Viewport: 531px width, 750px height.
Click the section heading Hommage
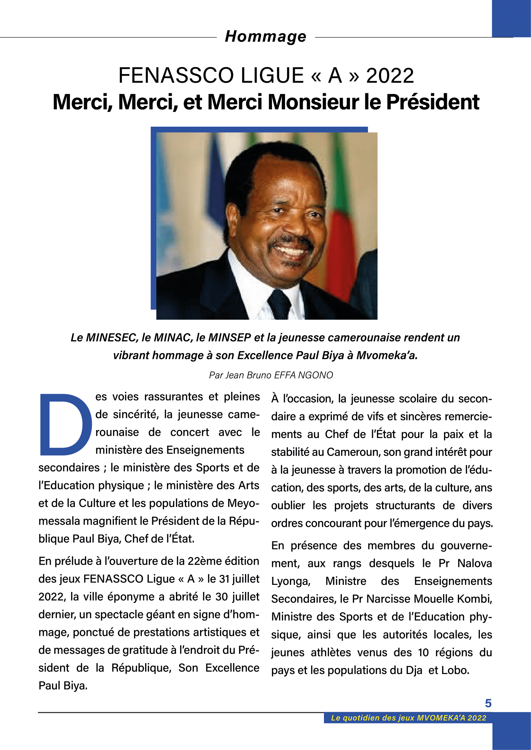pyautogui.click(x=265, y=37)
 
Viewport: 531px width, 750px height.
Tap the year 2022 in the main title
pyautogui.click(x=390, y=76)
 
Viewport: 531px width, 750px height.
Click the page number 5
pyautogui.click(x=488, y=703)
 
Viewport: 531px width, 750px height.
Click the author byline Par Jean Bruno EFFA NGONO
pyautogui.click(x=271, y=375)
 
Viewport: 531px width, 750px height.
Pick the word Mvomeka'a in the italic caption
pyautogui.click(x=387, y=355)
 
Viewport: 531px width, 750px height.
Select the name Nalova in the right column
pyautogui.click(x=474, y=563)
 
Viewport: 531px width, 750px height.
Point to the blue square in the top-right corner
pyautogui.click(x=511, y=18)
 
